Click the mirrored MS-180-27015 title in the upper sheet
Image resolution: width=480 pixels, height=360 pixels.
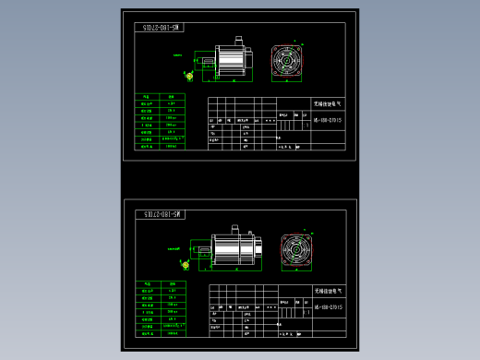click(162, 29)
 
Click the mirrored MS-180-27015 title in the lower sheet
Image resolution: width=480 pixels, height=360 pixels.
click(162, 214)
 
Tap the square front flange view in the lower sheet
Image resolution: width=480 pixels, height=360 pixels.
click(298, 250)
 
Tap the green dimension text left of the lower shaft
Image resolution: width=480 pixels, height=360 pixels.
click(174, 247)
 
